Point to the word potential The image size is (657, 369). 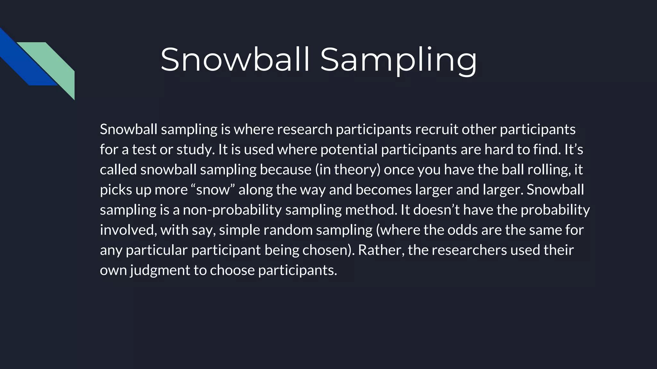349,150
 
